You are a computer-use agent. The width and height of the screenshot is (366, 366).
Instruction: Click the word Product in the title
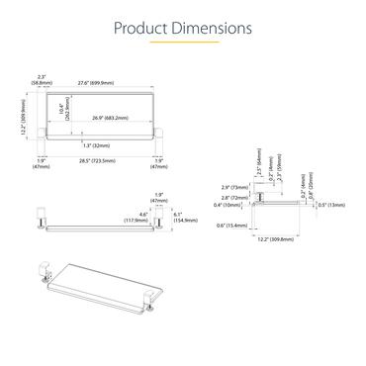[x=141, y=27]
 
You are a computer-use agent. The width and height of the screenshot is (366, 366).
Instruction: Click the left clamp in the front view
[x=43, y=217]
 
